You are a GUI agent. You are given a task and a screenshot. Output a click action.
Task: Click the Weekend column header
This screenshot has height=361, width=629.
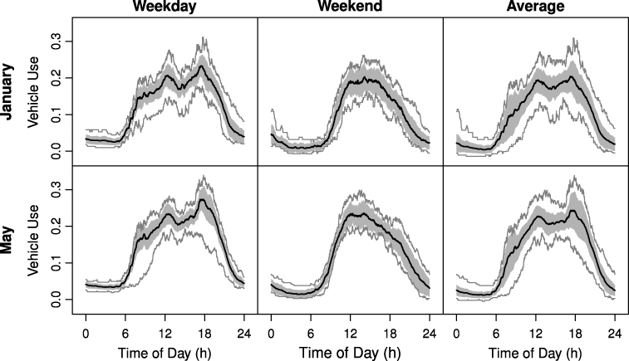350,7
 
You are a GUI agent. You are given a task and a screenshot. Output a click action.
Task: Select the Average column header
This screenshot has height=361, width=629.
535,7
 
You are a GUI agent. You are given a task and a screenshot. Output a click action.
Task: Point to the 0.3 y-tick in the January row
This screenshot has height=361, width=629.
56,41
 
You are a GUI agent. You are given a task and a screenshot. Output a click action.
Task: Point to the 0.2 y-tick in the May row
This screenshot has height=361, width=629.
56,226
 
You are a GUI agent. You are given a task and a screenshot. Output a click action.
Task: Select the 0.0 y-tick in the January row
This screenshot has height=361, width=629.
56,151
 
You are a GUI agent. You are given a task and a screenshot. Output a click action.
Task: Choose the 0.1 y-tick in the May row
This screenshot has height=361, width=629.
56,262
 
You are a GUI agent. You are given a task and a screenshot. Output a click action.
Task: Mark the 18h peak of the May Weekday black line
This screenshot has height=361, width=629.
203,199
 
